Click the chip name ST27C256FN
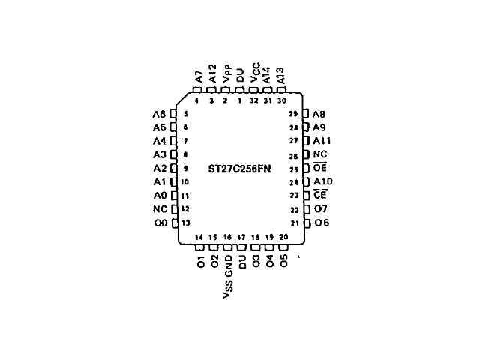point(239,169)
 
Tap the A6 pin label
point(158,114)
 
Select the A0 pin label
point(158,195)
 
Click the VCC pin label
point(255,73)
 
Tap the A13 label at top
point(281,73)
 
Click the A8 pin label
point(319,114)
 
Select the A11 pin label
point(322,141)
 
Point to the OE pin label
point(319,168)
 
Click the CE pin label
point(319,195)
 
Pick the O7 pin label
point(320,209)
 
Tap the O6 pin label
point(321,223)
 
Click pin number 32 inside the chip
point(254,100)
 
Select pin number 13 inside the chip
point(184,223)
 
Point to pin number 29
point(293,114)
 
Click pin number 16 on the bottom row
point(227,237)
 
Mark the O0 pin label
point(159,223)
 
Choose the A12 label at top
point(212,73)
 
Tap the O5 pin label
point(283,262)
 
